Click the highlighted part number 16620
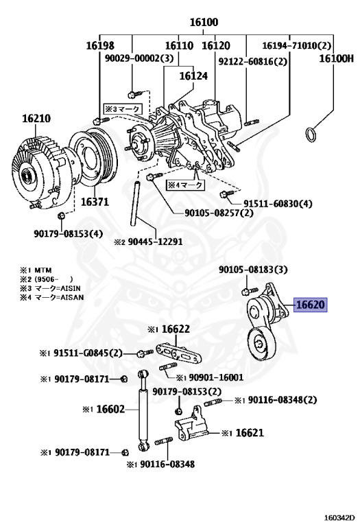click(x=311, y=305)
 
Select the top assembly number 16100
click(x=204, y=22)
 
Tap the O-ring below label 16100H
click(x=311, y=134)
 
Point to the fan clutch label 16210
click(x=36, y=118)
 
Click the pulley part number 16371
click(x=95, y=202)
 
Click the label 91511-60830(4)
click(x=278, y=204)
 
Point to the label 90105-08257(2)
click(x=219, y=213)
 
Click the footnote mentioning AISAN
click(x=51, y=297)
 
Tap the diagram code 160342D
click(x=339, y=517)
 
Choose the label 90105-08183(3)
click(x=253, y=270)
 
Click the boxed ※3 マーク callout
click(x=122, y=108)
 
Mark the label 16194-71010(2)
click(x=296, y=45)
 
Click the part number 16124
click(x=193, y=76)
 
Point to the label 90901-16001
click(x=211, y=377)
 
